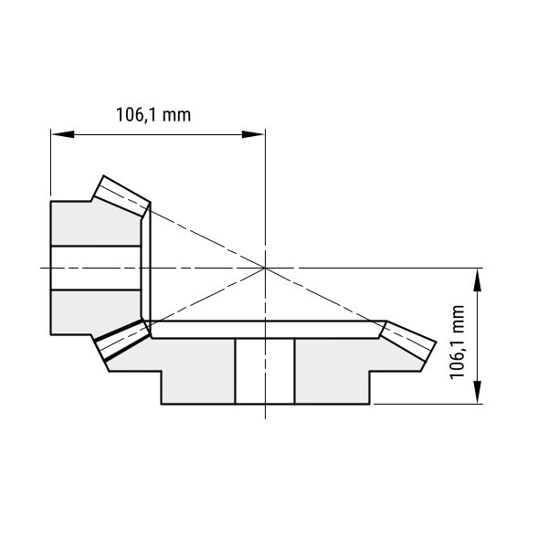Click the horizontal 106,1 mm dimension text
tap(153, 115)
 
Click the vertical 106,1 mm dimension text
tap(458, 342)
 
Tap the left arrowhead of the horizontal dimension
tap(62, 134)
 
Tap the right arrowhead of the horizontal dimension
tap(253, 134)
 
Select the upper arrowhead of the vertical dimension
tap(477, 279)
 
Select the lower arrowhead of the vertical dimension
tap(477, 393)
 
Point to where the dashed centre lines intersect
tap(265, 268)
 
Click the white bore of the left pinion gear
tap(96, 268)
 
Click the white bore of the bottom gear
tap(265, 371)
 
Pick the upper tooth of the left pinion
tap(122, 195)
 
